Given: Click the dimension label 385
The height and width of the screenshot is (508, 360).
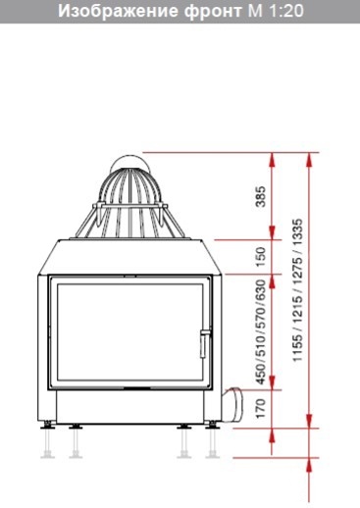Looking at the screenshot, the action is pos(261,196).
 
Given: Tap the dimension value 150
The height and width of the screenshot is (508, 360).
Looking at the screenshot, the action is pos(261,257).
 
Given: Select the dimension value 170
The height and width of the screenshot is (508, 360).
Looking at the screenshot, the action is pos(261,409).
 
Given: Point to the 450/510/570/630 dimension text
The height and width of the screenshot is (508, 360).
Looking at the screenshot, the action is pos(261,331).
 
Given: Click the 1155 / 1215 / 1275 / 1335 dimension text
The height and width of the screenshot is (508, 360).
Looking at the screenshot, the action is pos(298,290).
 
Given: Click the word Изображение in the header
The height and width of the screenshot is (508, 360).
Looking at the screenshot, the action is pos(119,11).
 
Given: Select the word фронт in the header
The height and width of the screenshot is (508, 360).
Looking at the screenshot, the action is pos(213,12).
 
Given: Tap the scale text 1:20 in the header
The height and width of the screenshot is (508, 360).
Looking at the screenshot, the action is pos(286,11).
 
